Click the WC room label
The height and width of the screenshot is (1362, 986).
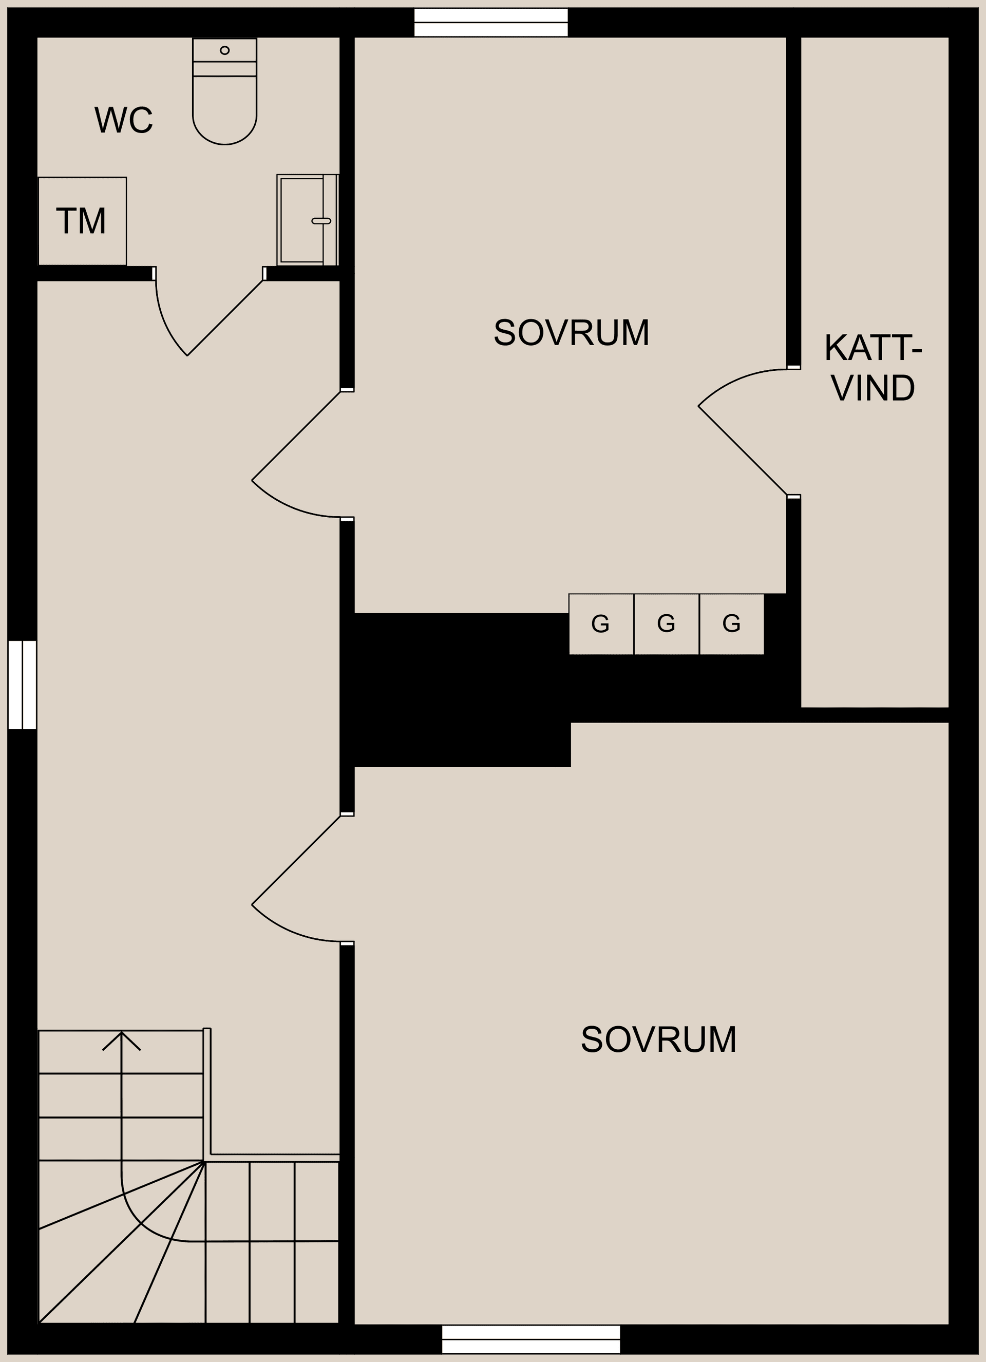(x=124, y=120)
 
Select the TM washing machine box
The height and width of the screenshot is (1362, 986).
(x=82, y=221)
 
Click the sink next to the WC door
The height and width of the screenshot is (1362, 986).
(x=302, y=220)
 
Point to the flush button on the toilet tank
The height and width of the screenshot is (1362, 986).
(x=224, y=50)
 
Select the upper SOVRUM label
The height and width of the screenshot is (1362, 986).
(x=571, y=332)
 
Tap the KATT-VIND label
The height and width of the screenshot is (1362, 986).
(x=873, y=368)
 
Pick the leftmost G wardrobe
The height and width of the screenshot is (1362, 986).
(x=600, y=624)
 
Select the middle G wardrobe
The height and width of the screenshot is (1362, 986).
(x=666, y=624)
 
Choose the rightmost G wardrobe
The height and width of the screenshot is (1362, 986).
(x=731, y=624)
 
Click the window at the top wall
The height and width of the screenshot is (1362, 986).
(x=490, y=22)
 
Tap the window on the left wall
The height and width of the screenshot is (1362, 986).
(x=22, y=685)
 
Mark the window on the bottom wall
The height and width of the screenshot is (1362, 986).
(x=531, y=1340)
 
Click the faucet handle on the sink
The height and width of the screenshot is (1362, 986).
(x=321, y=221)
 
